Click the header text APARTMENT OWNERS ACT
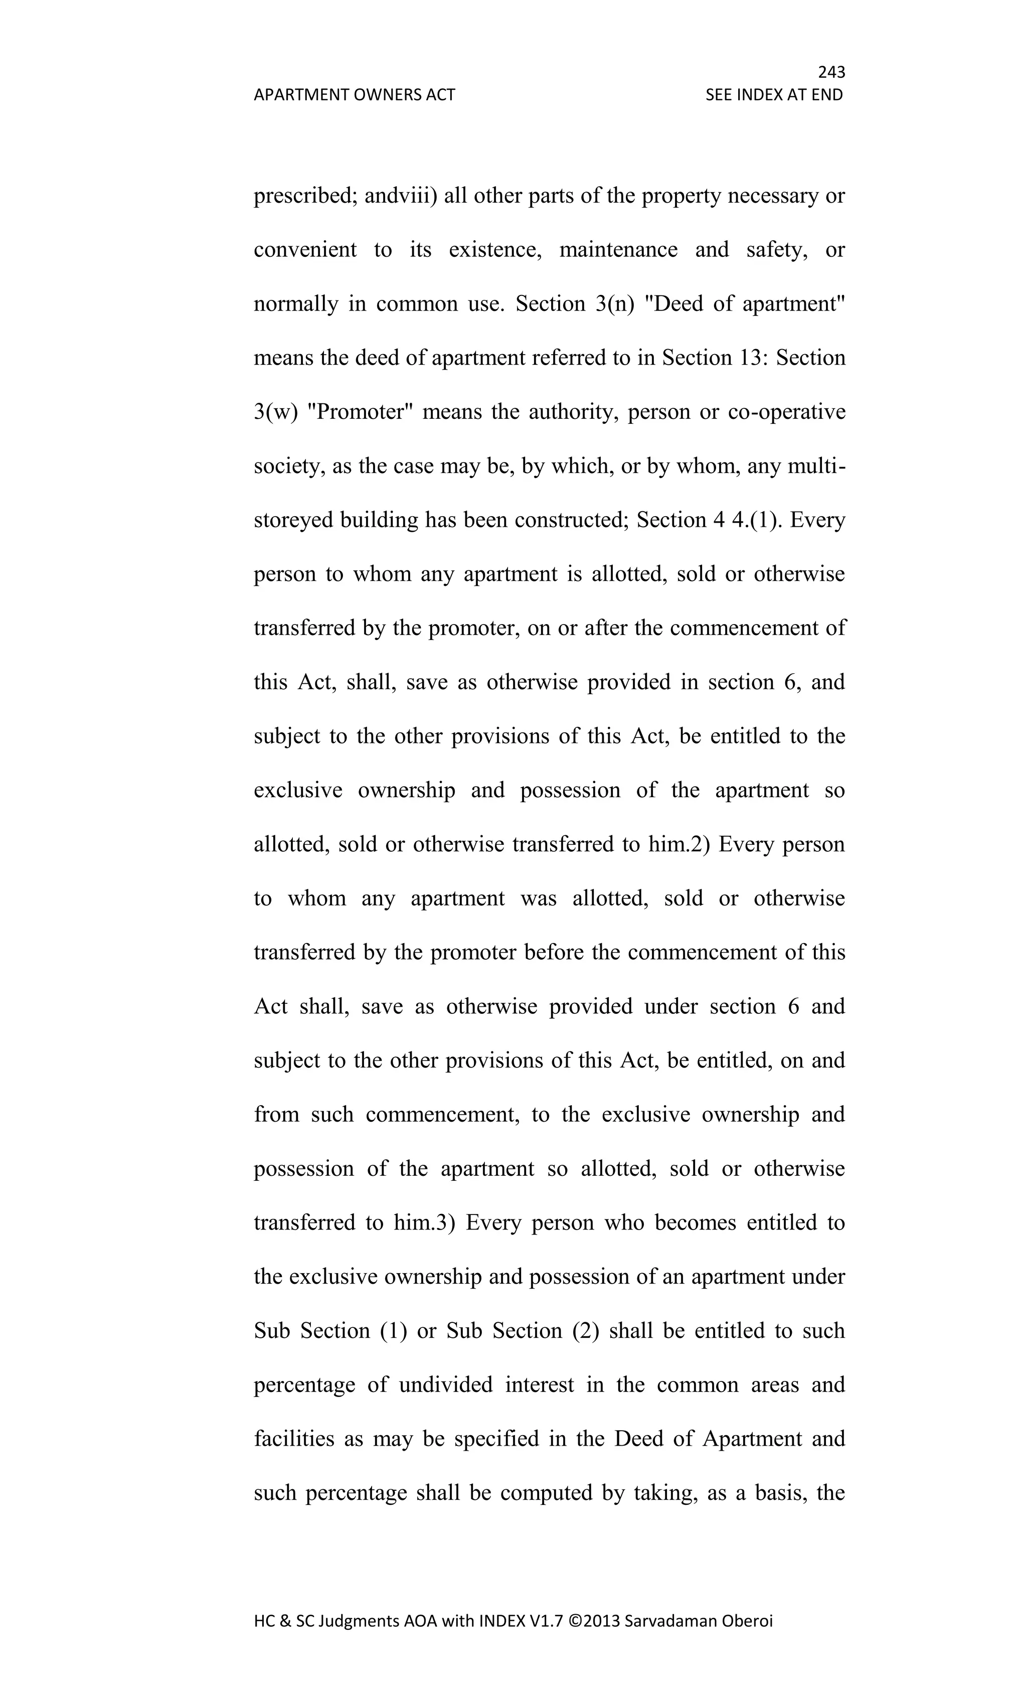354,95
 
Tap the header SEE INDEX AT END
774,95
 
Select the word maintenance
618,250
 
